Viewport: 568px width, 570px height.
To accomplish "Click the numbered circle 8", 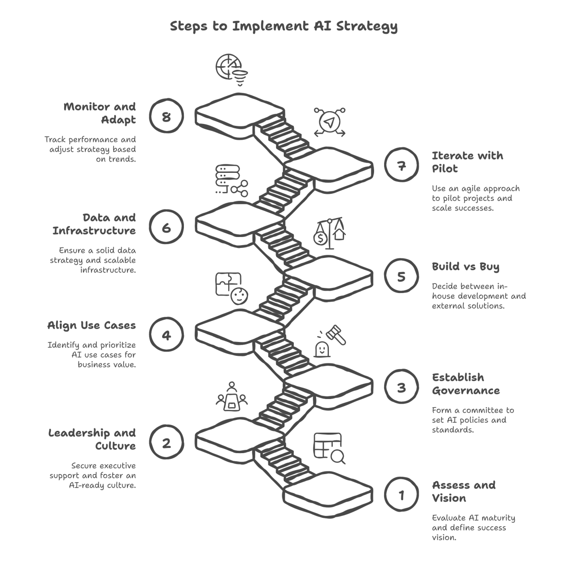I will pyautogui.click(x=166, y=116).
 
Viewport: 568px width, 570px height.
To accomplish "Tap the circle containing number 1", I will pyautogui.click(x=402, y=495).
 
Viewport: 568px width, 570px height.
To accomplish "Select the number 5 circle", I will pyautogui.click(x=402, y=276).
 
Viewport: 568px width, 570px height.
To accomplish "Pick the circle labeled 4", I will pyautogui.click(x=166, y=335).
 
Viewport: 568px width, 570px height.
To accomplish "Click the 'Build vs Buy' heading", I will pyautogui.click(x=465, y=266).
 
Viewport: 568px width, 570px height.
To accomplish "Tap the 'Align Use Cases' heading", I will pyautogui.click(x=92, y=325).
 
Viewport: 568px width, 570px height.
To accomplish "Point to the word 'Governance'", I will pyautogui.click(x=466, y=390).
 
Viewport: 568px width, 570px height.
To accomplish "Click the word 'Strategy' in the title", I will pyautogui.click(x=367, y=26).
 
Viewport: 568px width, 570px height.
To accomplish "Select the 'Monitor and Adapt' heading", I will pyautogui.click(x=100, y=113).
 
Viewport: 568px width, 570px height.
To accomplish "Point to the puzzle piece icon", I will pyautogui.click(x=228, y=284).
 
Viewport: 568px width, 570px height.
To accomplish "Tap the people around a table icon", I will pyautogui.click(x=232, y=396).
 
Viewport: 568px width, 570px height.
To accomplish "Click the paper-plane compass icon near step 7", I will pyautogui.click(x=329, y=122).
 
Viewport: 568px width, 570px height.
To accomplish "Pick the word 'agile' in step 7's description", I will pyautogui.click(x=472, y=189).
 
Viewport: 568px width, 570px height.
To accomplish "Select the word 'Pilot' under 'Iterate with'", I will pyautogui.click(x=445, y=169).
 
